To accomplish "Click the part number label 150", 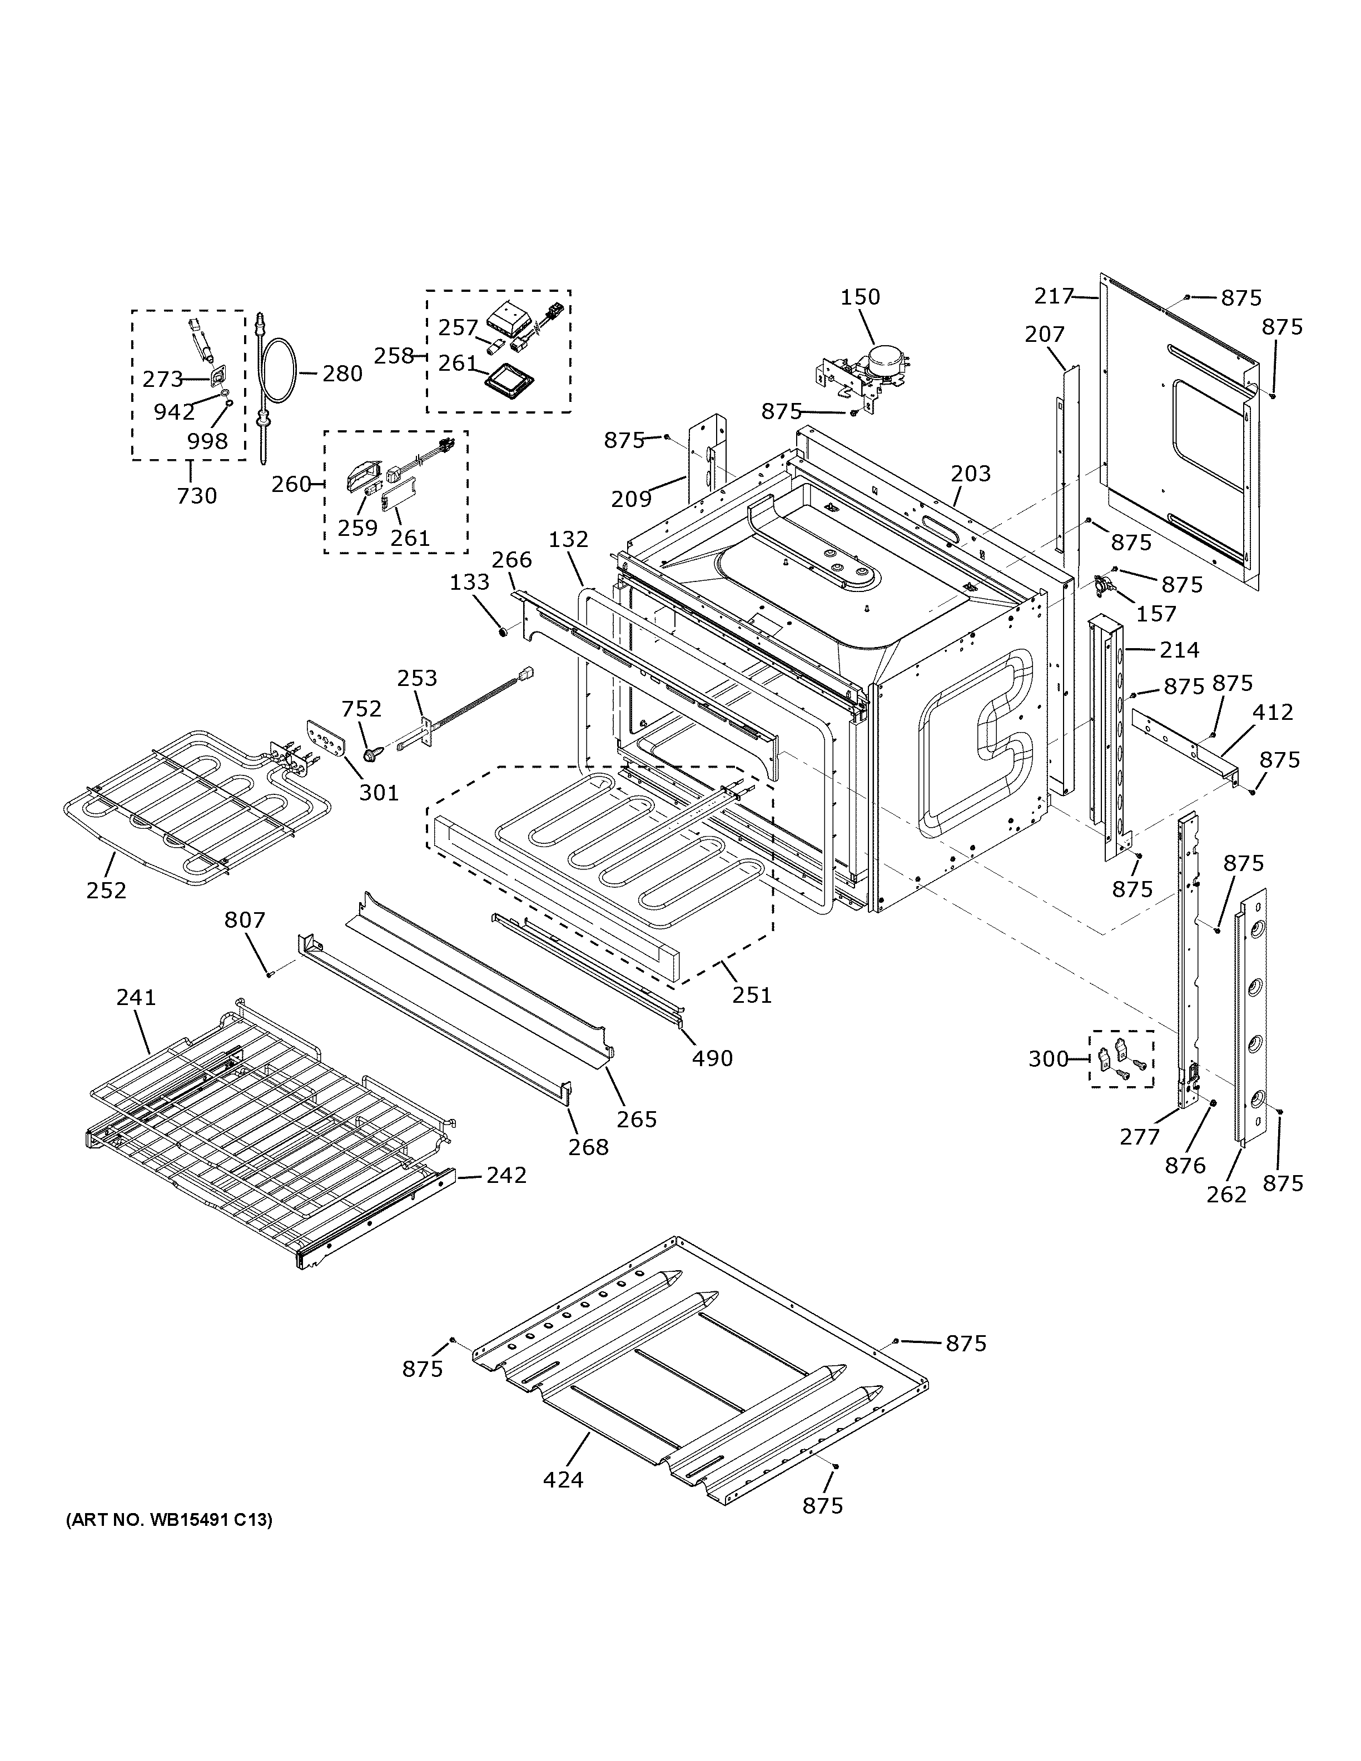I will click(860, 297).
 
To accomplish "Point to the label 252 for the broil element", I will click(106, 890).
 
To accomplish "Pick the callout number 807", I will click(244, 919).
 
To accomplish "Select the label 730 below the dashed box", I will click(197, 496).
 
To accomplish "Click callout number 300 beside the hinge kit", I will click(1048, 1059).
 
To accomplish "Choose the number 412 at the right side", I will click(1272, 712).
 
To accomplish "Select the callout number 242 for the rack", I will click(505, 1176).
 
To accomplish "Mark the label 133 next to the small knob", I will click(469, 581).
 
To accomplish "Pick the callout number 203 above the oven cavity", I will click(970, 473).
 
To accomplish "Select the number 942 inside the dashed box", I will click(174, 412).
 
